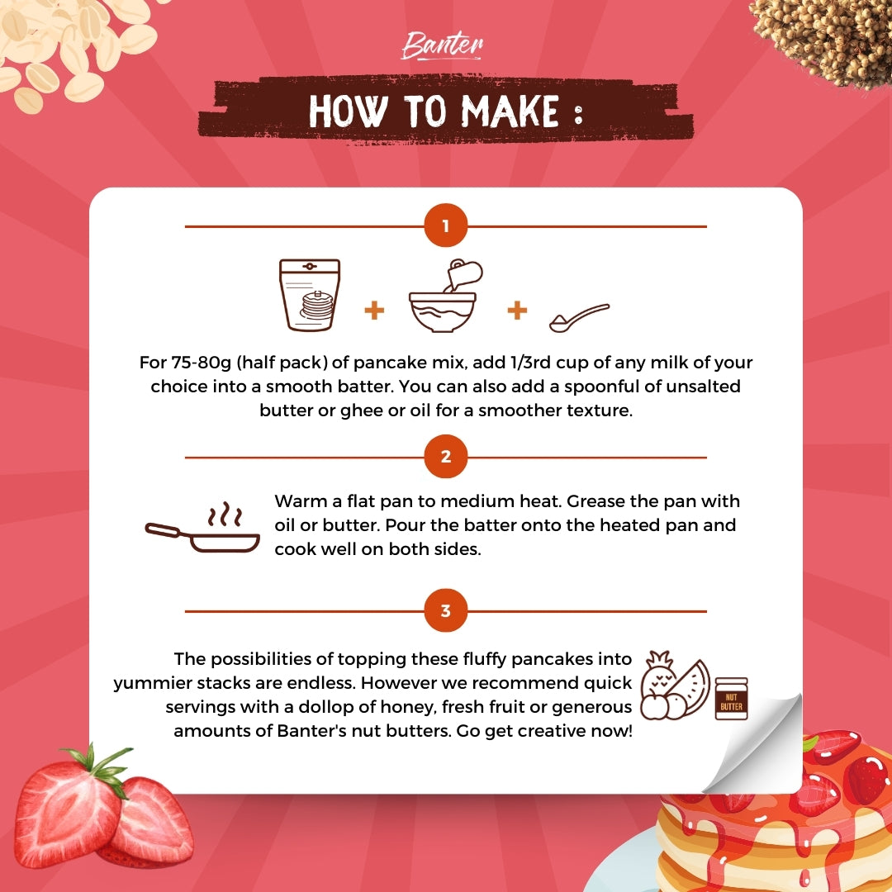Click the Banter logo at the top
(x=442, y=45)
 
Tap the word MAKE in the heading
(x=510, y=111)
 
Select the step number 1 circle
(x=446, y=225)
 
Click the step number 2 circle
(x=446, y=457)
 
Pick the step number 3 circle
(x=446, y=611)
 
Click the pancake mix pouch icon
(x=310, y=295)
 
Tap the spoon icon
(x=579, y=317)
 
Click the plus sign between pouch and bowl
(x=374, y=311)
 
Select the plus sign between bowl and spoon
(x=517, y=311)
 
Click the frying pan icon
(x=203, y=529)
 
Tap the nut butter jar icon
(x=731, y=699)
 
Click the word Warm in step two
(x=301, y=501)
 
